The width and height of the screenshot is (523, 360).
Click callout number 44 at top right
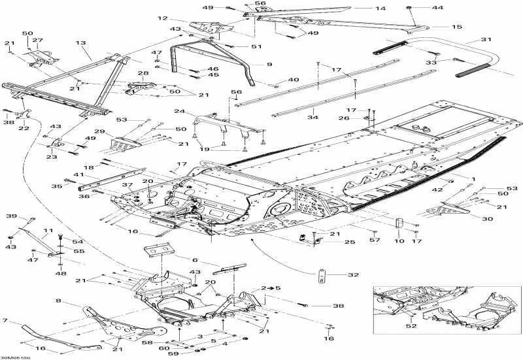tap(437, 8)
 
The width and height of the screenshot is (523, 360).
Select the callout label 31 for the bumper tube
tap(485, 40)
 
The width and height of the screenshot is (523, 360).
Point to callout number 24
tap(179, 111)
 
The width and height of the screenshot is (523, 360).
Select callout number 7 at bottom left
tap(6, 321)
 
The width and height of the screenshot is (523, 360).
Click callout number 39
tap(11, 216)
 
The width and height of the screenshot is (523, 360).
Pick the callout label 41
tap(78, 175)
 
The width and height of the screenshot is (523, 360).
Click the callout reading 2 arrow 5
tap(267, 287)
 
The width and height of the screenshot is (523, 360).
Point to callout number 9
tap(269, 64)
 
